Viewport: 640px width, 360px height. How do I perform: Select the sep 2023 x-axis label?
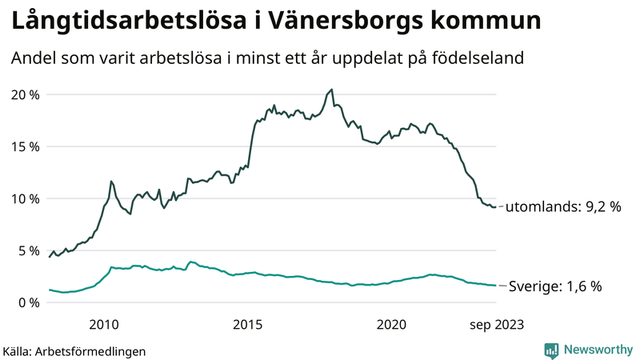point(497,324)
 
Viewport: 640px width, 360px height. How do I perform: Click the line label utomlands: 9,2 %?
point(565,206)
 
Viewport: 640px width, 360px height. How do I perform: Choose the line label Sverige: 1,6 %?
point(555,286)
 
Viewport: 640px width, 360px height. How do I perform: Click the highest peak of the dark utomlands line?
point(332,90)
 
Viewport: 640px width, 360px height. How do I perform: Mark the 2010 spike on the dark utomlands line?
point(111,182)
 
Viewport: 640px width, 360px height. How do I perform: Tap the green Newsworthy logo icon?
point(551,350)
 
